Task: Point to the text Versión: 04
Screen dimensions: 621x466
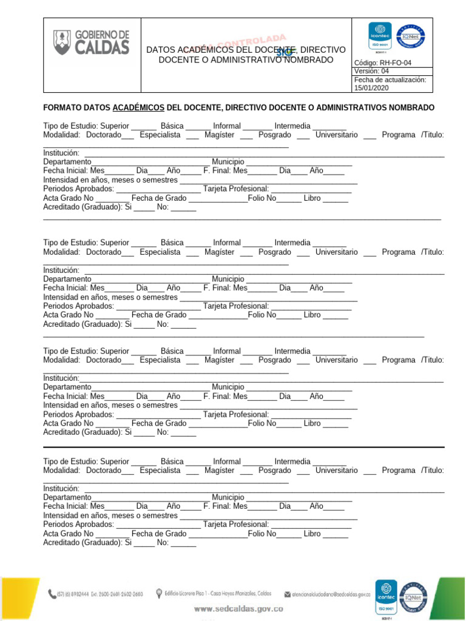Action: pos(371,71)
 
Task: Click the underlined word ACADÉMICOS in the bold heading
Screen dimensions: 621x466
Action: pos(139,107)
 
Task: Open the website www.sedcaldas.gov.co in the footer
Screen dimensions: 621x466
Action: pos(238,608)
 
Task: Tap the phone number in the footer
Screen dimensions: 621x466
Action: pos(96,594)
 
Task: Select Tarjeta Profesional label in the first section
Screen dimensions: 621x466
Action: pos(236,189)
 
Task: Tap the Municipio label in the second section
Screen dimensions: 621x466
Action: pos(228,280)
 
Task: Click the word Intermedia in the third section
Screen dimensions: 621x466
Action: pos(292,351)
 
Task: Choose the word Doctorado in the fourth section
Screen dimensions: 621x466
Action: pos(104,470)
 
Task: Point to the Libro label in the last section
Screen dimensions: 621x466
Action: pos(312,534)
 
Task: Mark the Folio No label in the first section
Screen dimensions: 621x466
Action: pos(262,198)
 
